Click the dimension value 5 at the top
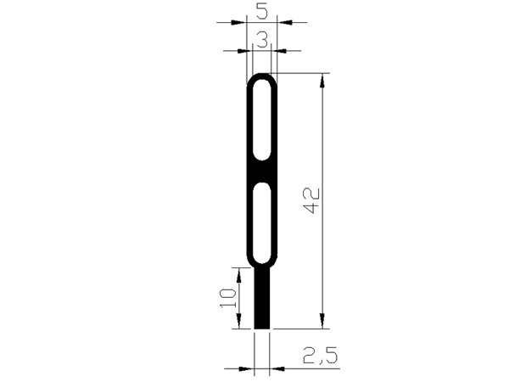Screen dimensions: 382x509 (261, 11)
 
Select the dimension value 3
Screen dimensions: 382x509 (262, 38)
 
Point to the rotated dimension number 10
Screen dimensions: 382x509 (227, 298)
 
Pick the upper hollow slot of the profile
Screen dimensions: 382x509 (263, 120)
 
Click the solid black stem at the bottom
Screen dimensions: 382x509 (263, 297)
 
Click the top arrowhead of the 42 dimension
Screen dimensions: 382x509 (323, 81)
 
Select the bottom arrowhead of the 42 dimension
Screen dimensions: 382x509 (323, 322)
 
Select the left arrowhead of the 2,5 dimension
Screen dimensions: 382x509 (249, 368)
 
